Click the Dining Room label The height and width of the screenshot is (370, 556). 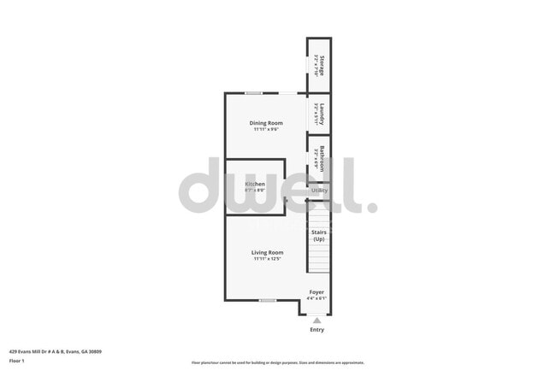click(266, 123)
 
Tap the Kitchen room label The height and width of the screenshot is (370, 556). click(255, 185)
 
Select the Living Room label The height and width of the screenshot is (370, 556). click(267, 252)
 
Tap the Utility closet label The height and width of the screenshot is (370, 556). click(319, 191)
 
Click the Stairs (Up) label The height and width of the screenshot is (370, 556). click(318, 235)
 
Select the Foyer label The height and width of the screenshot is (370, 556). click(317, 291)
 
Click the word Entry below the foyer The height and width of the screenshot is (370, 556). click(316, 330)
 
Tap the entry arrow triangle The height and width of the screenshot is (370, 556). click(316, 320)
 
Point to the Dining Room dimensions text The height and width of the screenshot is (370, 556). click(266, 130)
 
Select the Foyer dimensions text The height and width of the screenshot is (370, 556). click(317, 298)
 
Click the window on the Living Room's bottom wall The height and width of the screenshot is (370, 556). click(268, 300)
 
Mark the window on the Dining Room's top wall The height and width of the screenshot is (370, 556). click(254, 92)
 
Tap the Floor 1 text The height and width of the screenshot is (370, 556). click(17, 361)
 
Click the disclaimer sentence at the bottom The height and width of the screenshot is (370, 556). click(277, 362)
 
